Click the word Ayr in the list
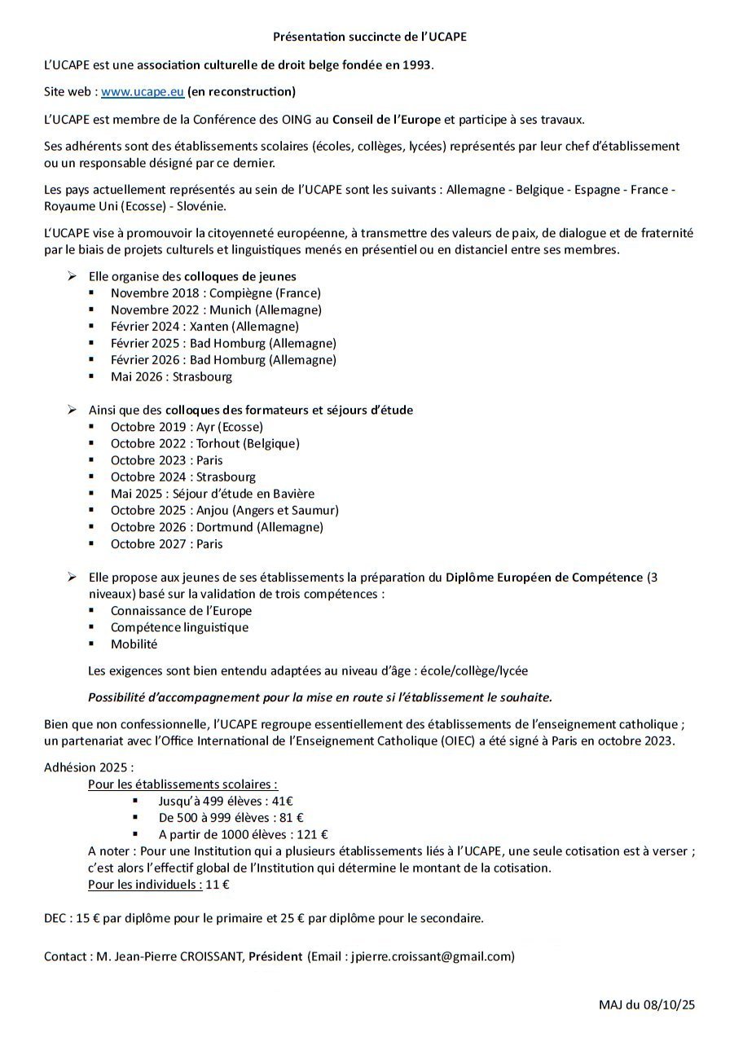208,426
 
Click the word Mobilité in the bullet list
134,644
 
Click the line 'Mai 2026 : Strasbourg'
171,376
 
